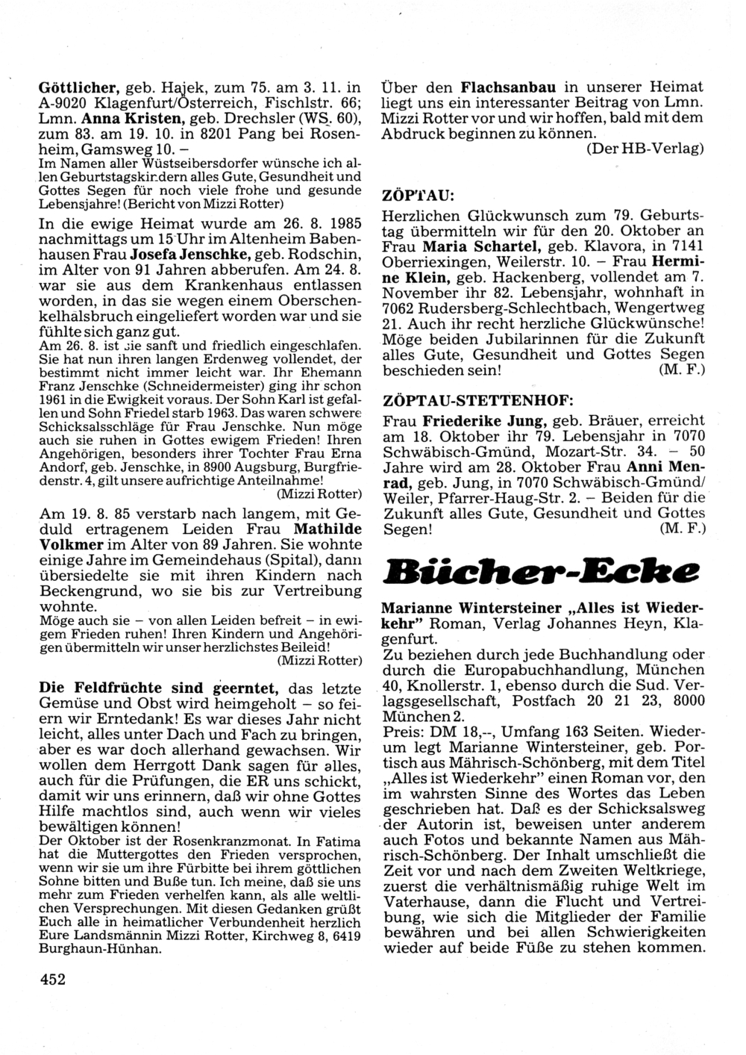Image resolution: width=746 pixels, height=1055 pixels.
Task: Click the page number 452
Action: click(52, 980)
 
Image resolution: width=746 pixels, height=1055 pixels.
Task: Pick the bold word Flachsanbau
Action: click(510, 86)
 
